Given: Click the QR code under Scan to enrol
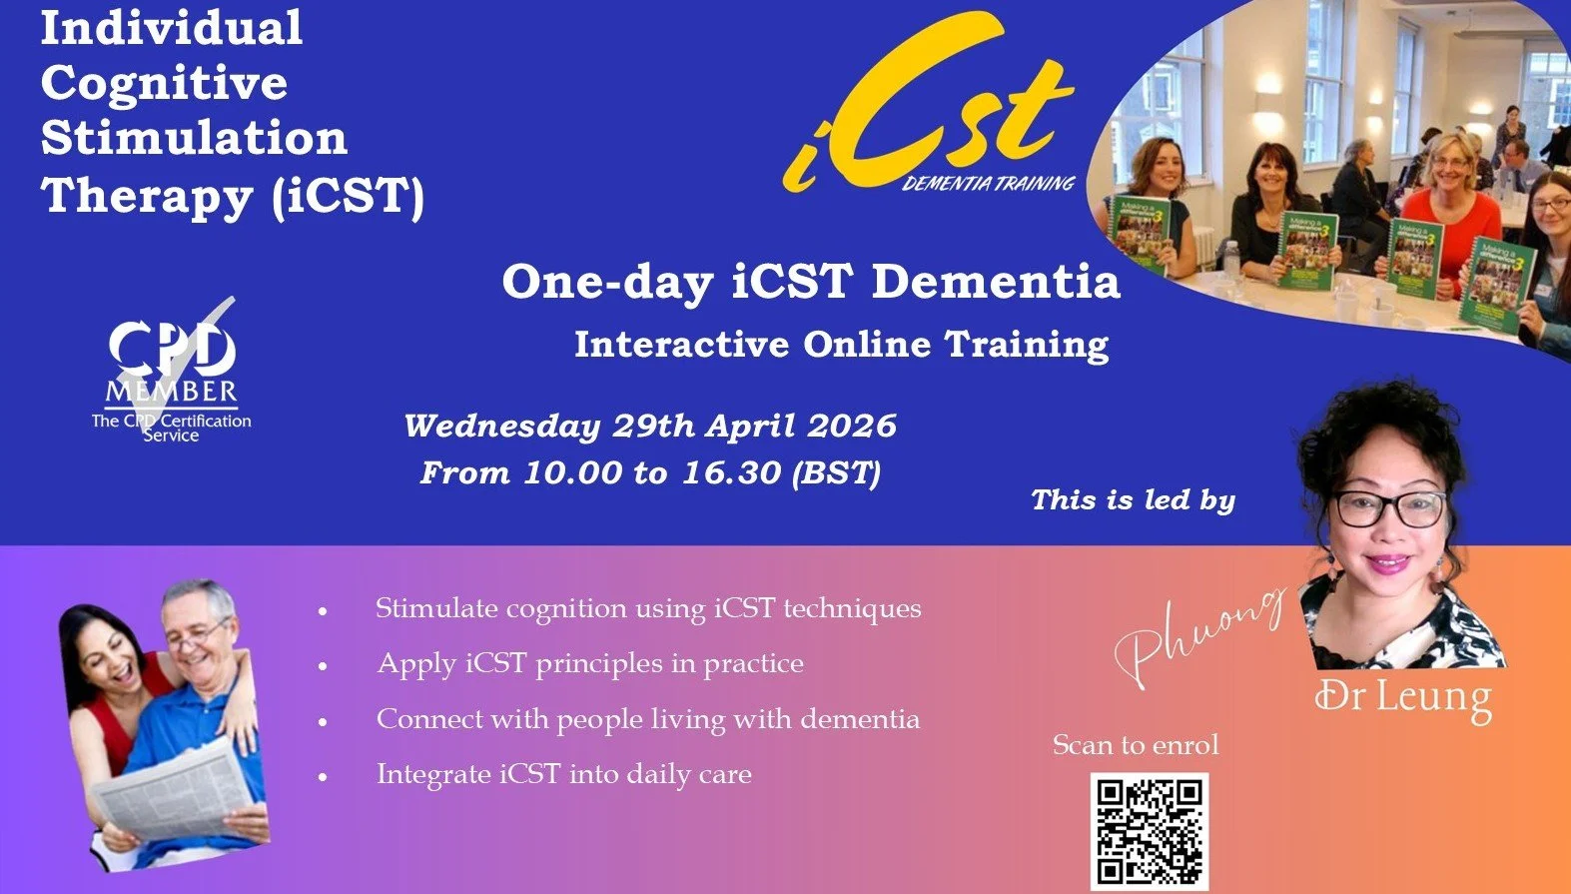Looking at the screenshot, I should [x=1149, y=831].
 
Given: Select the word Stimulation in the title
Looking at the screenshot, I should [x=194, y=138].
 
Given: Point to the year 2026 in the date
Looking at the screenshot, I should [x=851, y=426].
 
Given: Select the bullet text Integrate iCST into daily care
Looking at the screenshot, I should [x=563, y=774].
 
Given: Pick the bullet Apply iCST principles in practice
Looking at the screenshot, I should [x=589, y=663].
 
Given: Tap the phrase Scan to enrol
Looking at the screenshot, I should [x=1136, y=745].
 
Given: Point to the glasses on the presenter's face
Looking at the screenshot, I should [x=1389, y=508].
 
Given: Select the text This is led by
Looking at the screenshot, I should [x=1133, y=499].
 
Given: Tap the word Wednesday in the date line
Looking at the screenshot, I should [x=501, y=426].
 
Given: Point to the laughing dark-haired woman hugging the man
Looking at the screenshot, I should [x=100, y=649].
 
